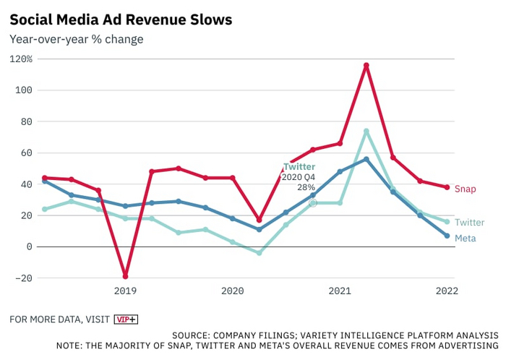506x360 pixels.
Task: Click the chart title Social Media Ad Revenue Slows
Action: tap(121, 20)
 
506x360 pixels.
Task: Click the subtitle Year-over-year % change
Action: tap(76, 39)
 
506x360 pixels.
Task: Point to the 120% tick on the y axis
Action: tap(21, 59)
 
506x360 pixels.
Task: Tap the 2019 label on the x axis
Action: tap(125, 291)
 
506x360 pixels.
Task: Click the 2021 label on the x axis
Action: tap(340, 291)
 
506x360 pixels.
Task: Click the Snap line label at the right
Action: tap(466, 189)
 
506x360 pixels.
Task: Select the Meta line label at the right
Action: tap(466, 238)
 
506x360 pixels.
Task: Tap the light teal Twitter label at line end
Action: tap(470, 223)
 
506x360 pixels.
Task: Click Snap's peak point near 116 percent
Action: tap(366, 65)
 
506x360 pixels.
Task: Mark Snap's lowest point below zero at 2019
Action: tap(125, 276)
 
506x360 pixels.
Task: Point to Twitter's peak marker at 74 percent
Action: tap(366, 131)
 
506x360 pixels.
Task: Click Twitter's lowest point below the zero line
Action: tap(259, 253)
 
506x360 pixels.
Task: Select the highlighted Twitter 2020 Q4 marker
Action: tap(313, 203)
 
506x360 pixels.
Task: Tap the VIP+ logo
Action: tap(126, 319)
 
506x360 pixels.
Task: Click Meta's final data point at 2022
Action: tap(447, 236)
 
